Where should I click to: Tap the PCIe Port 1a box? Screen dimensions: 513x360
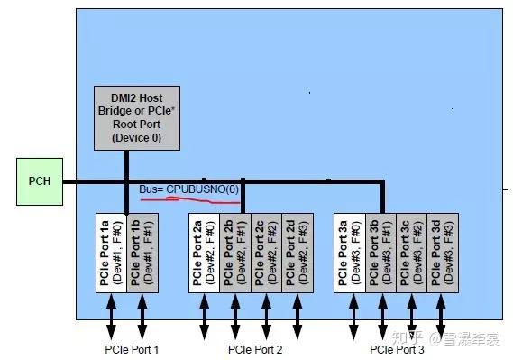[x=112, y=254]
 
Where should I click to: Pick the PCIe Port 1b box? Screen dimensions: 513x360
[x=142, y=254]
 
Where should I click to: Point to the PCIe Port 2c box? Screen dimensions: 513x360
[x=266, y=254]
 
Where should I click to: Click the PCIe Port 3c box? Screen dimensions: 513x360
[x=412, y=254]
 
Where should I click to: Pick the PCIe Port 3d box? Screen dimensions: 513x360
[x=442, y=254]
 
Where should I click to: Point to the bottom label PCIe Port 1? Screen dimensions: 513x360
[x=131, y=348]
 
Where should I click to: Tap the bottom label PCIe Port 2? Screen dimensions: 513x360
[x=255, y=348]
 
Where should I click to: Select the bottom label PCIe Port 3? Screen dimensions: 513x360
[x=397, y=348]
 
